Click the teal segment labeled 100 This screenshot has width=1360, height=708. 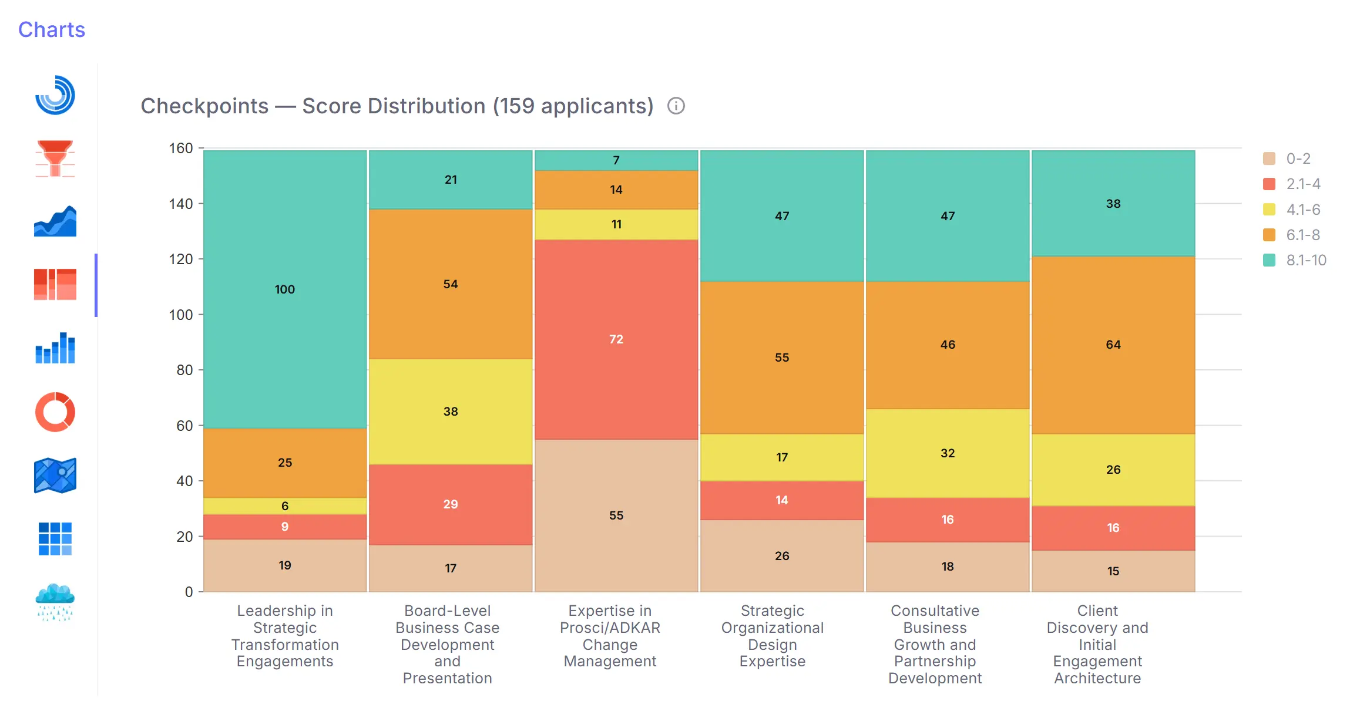tap(285, 289)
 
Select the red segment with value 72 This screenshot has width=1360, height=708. tap(616, 339)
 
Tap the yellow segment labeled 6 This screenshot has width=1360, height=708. tap(285, 505)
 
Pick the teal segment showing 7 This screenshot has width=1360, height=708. tap(616, 160)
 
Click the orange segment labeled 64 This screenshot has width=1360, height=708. tap(1113, 345)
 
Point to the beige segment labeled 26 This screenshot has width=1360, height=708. tap(781, 555)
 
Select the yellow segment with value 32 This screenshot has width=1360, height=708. tap(947, 453)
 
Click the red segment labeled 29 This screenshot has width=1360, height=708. tap(450, 504)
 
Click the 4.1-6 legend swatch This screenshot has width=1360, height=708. tap(1269, 210)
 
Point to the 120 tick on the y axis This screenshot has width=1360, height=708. tap(181, 259)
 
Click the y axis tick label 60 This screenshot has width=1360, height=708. tap(184, 426)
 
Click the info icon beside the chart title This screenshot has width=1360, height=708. tap(676, 106)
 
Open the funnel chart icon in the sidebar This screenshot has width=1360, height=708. tap(55, 158)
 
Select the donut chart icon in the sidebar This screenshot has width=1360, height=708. tap(55, 412)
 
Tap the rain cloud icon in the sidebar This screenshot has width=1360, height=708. tap(55, 602)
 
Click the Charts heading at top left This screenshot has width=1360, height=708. tap(52, 30)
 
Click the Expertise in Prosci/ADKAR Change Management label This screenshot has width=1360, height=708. tap(610, 636)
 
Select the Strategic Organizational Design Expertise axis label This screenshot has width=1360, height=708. tap(772, 636)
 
